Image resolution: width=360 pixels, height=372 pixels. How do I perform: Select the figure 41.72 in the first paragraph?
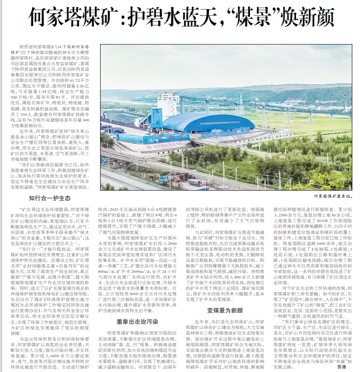[74, 80]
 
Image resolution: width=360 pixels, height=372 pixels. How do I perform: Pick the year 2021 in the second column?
[116, 209]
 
